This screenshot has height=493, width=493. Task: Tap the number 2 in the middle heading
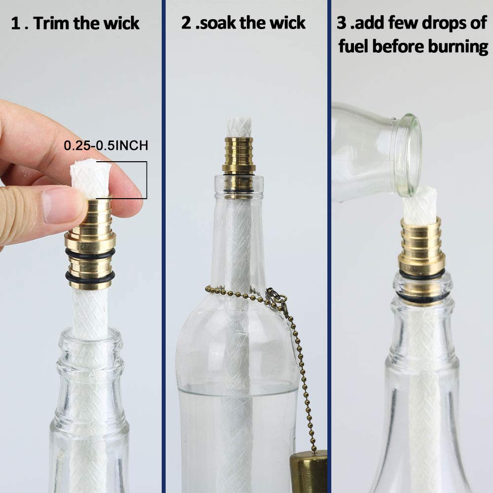[x=186, y=23]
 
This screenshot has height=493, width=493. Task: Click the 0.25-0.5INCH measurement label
[x=106, y=146]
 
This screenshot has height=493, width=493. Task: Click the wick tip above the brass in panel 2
[x=239, y=127]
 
